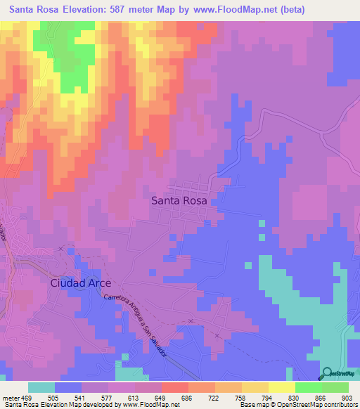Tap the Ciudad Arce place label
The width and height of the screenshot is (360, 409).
pos(80,283)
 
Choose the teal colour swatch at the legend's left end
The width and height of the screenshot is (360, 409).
pos(41,387)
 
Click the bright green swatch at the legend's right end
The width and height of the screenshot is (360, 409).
pos(335,387)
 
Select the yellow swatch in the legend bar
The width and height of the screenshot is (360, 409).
pos(281,387)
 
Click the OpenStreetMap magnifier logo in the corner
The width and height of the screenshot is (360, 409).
pos(326,373)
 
